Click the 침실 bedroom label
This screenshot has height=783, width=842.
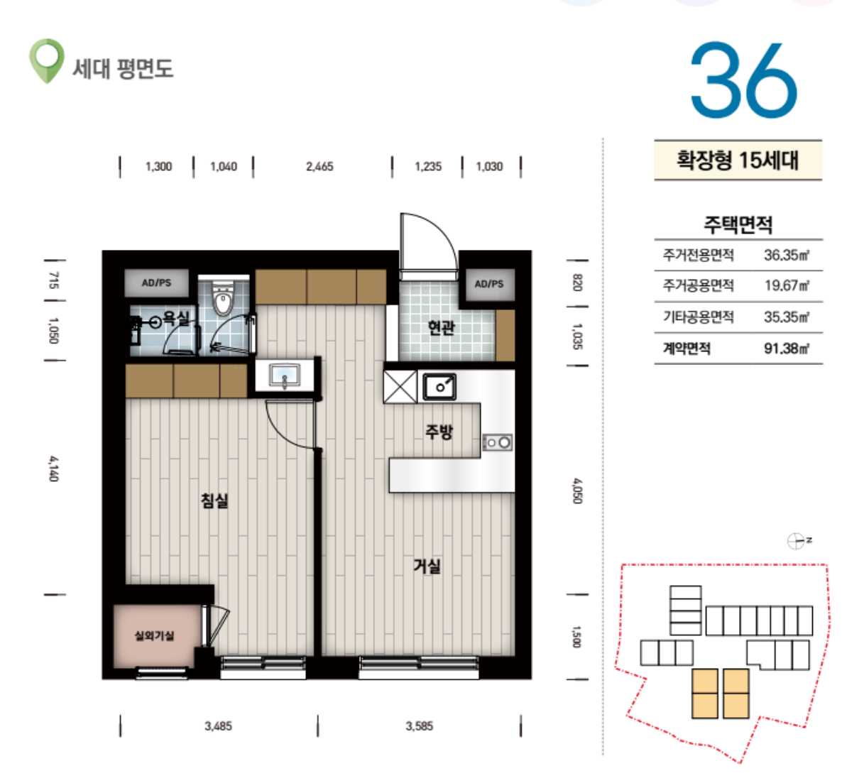pos(215,500)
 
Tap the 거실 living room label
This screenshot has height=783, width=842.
pos(427,566)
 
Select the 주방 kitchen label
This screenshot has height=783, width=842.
pos(439,431)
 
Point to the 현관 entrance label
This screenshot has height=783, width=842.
pos(442,327)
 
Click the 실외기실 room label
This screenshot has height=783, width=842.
pos(154,636)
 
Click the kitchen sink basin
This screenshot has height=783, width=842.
pos(439,387)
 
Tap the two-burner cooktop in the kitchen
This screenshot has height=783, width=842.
pos(497,442)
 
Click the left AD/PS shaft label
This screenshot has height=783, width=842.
pos(156,283)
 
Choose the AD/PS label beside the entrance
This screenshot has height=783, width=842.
pos(489,283)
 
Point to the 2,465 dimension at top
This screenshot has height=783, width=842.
pos(319,167)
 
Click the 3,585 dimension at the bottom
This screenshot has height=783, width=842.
pos(420,726)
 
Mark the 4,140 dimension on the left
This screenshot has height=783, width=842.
pos(54,469)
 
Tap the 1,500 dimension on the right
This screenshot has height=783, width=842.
pos(576,636)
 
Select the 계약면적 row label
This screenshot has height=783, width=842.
pos(687,349)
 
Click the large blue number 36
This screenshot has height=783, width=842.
pos(743,80)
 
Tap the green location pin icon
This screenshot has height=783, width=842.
pos(46,60)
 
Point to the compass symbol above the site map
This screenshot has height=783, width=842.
pos(796,541)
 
